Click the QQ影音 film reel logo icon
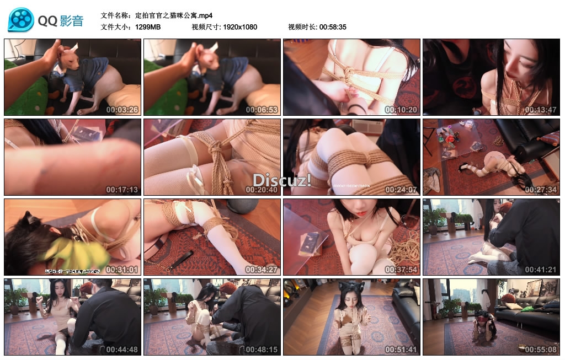tap(21, 20)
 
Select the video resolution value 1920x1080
tap(240, 27)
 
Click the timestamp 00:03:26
tap(122, 110)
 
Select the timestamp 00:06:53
tap(262, 110)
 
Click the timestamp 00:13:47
tap(540, 110)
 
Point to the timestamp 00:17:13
tap(122, 190)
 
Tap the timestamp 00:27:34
tap(540, 190)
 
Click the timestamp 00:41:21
tap(540, 270)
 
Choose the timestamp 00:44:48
tap(122, 350)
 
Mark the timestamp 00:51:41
tap(401, 350)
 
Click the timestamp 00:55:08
tap(540, 350)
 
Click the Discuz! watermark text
tap(282, 180)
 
